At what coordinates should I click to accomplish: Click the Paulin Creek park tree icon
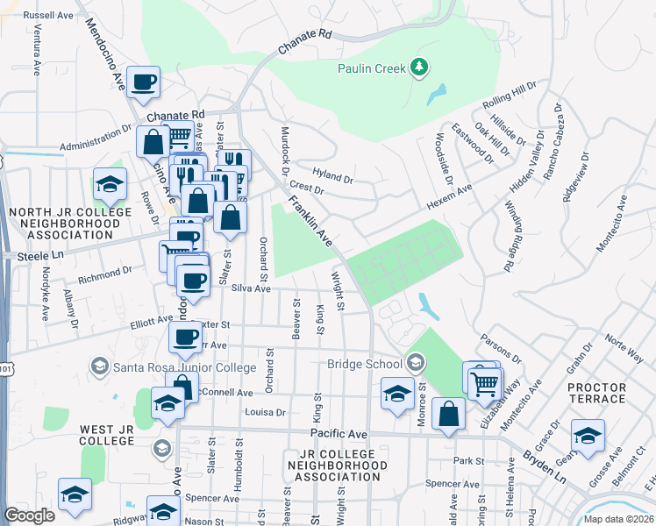pos(419,67)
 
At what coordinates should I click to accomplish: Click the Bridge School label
pos(363,363)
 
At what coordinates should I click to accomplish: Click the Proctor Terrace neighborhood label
pos(596,393)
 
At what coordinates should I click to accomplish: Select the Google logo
pos(29,515)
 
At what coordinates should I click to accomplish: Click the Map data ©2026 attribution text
pos(617,519)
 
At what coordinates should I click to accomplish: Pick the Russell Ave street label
pos(48,16)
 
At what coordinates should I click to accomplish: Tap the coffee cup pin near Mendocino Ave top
pos(143,82)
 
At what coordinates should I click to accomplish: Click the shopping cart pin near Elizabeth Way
pos(485,383)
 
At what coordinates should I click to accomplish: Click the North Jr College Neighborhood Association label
pos(63,224)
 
